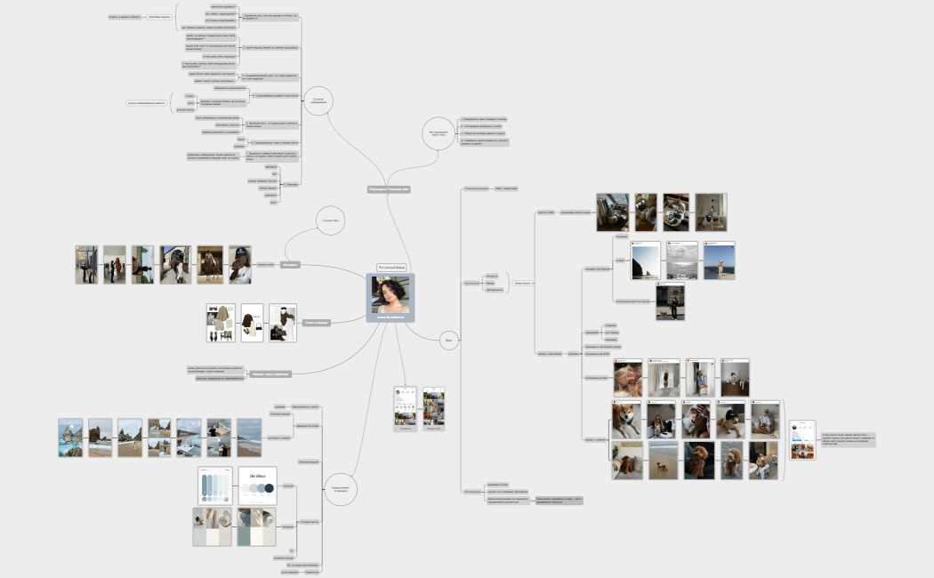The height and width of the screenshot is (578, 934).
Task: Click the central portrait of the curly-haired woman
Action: click(x=391, y=294)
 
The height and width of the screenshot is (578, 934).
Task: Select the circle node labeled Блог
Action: click(x=449, y=339)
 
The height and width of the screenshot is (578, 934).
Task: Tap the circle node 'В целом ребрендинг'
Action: click(x=318, y=100)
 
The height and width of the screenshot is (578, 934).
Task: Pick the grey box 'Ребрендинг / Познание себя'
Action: click(x=390, y=189)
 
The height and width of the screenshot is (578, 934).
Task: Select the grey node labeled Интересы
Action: click(x=290, y=264)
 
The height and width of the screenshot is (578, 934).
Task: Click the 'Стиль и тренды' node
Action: click(x=316, y=323)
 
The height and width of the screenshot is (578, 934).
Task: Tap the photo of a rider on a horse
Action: click(x=210, y=265)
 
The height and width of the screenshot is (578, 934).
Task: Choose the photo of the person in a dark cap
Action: click(x=239, y=265)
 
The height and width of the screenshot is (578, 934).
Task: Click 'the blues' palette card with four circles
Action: click(x=257, y=486)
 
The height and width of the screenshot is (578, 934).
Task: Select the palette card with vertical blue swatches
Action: click(x=214, y=486)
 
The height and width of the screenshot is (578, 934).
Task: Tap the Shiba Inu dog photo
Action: click(x=626, y=419)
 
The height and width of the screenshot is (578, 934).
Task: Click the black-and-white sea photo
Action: click(x=682, y=261)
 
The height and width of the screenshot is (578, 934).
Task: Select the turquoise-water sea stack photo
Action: click(x=70, y=438)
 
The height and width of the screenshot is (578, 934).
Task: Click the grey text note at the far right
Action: click(x=846, y=439)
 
